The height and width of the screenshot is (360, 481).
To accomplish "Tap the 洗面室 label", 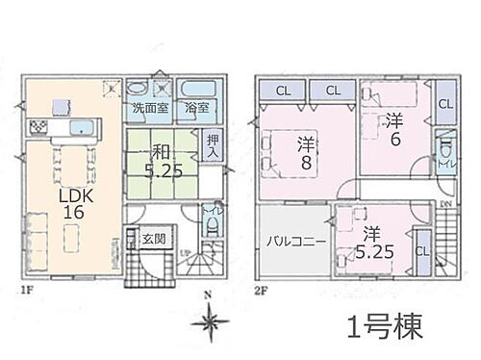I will [150, 108].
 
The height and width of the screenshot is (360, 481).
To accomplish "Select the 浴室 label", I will [197, 108].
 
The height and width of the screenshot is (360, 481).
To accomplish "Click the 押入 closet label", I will [213, 146].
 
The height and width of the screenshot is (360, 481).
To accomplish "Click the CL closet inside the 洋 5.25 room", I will [420, 252].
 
